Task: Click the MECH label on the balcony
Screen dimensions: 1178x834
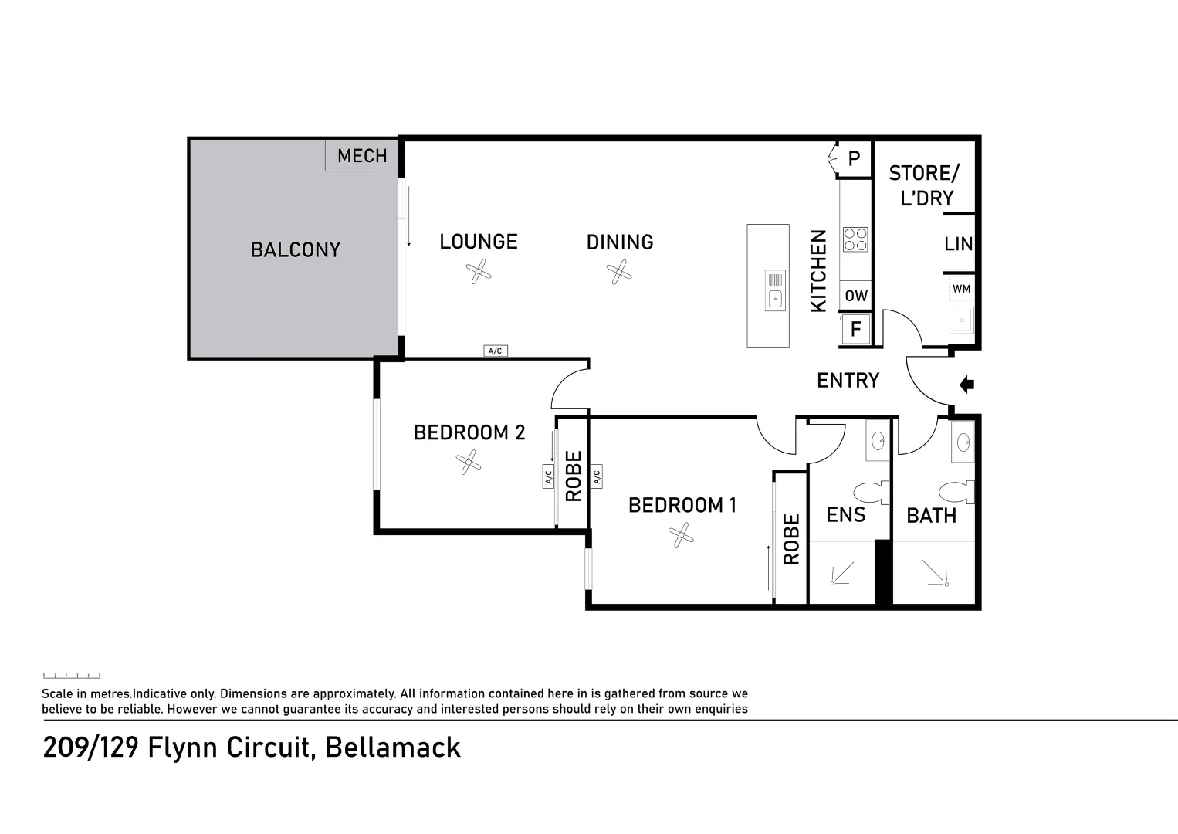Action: click(362, 156)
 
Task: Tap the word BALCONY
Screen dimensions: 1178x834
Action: click(296, 249)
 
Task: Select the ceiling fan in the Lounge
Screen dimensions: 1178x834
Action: click(479, 272)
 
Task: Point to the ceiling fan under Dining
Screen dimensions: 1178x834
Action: click(619, 272)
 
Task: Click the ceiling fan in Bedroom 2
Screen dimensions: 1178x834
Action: click(468, 462)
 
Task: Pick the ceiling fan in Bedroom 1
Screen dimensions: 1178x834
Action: click(681, 535)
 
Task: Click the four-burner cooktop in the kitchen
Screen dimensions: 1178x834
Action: click(855, 239)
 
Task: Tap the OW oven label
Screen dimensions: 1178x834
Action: click(856, 296)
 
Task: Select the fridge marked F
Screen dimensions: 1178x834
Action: click(855, 329)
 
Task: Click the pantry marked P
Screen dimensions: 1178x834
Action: click(854, 158)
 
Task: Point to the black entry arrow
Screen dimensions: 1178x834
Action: click(966, 385)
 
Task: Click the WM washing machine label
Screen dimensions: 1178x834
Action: click(961, 289)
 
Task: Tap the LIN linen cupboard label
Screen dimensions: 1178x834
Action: click(958, 244)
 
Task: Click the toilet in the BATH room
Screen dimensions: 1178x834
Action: click(956, 493)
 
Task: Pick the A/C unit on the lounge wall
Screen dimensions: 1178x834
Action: click(496, 351)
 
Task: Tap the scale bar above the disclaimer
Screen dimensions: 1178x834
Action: click(72, 676)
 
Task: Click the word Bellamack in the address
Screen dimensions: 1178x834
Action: click(393, 748)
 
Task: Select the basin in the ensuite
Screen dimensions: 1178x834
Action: click(878, 440)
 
